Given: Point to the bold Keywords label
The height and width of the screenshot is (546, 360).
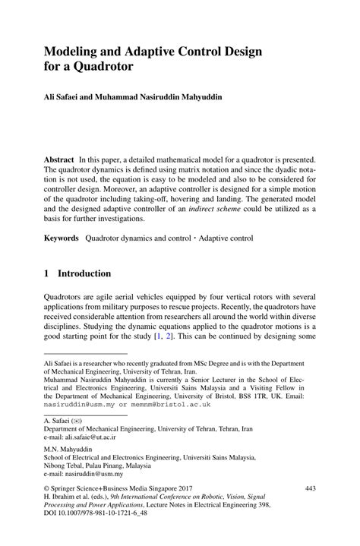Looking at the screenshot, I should point(62,238).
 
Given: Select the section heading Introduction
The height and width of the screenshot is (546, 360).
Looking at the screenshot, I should point(84,273).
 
